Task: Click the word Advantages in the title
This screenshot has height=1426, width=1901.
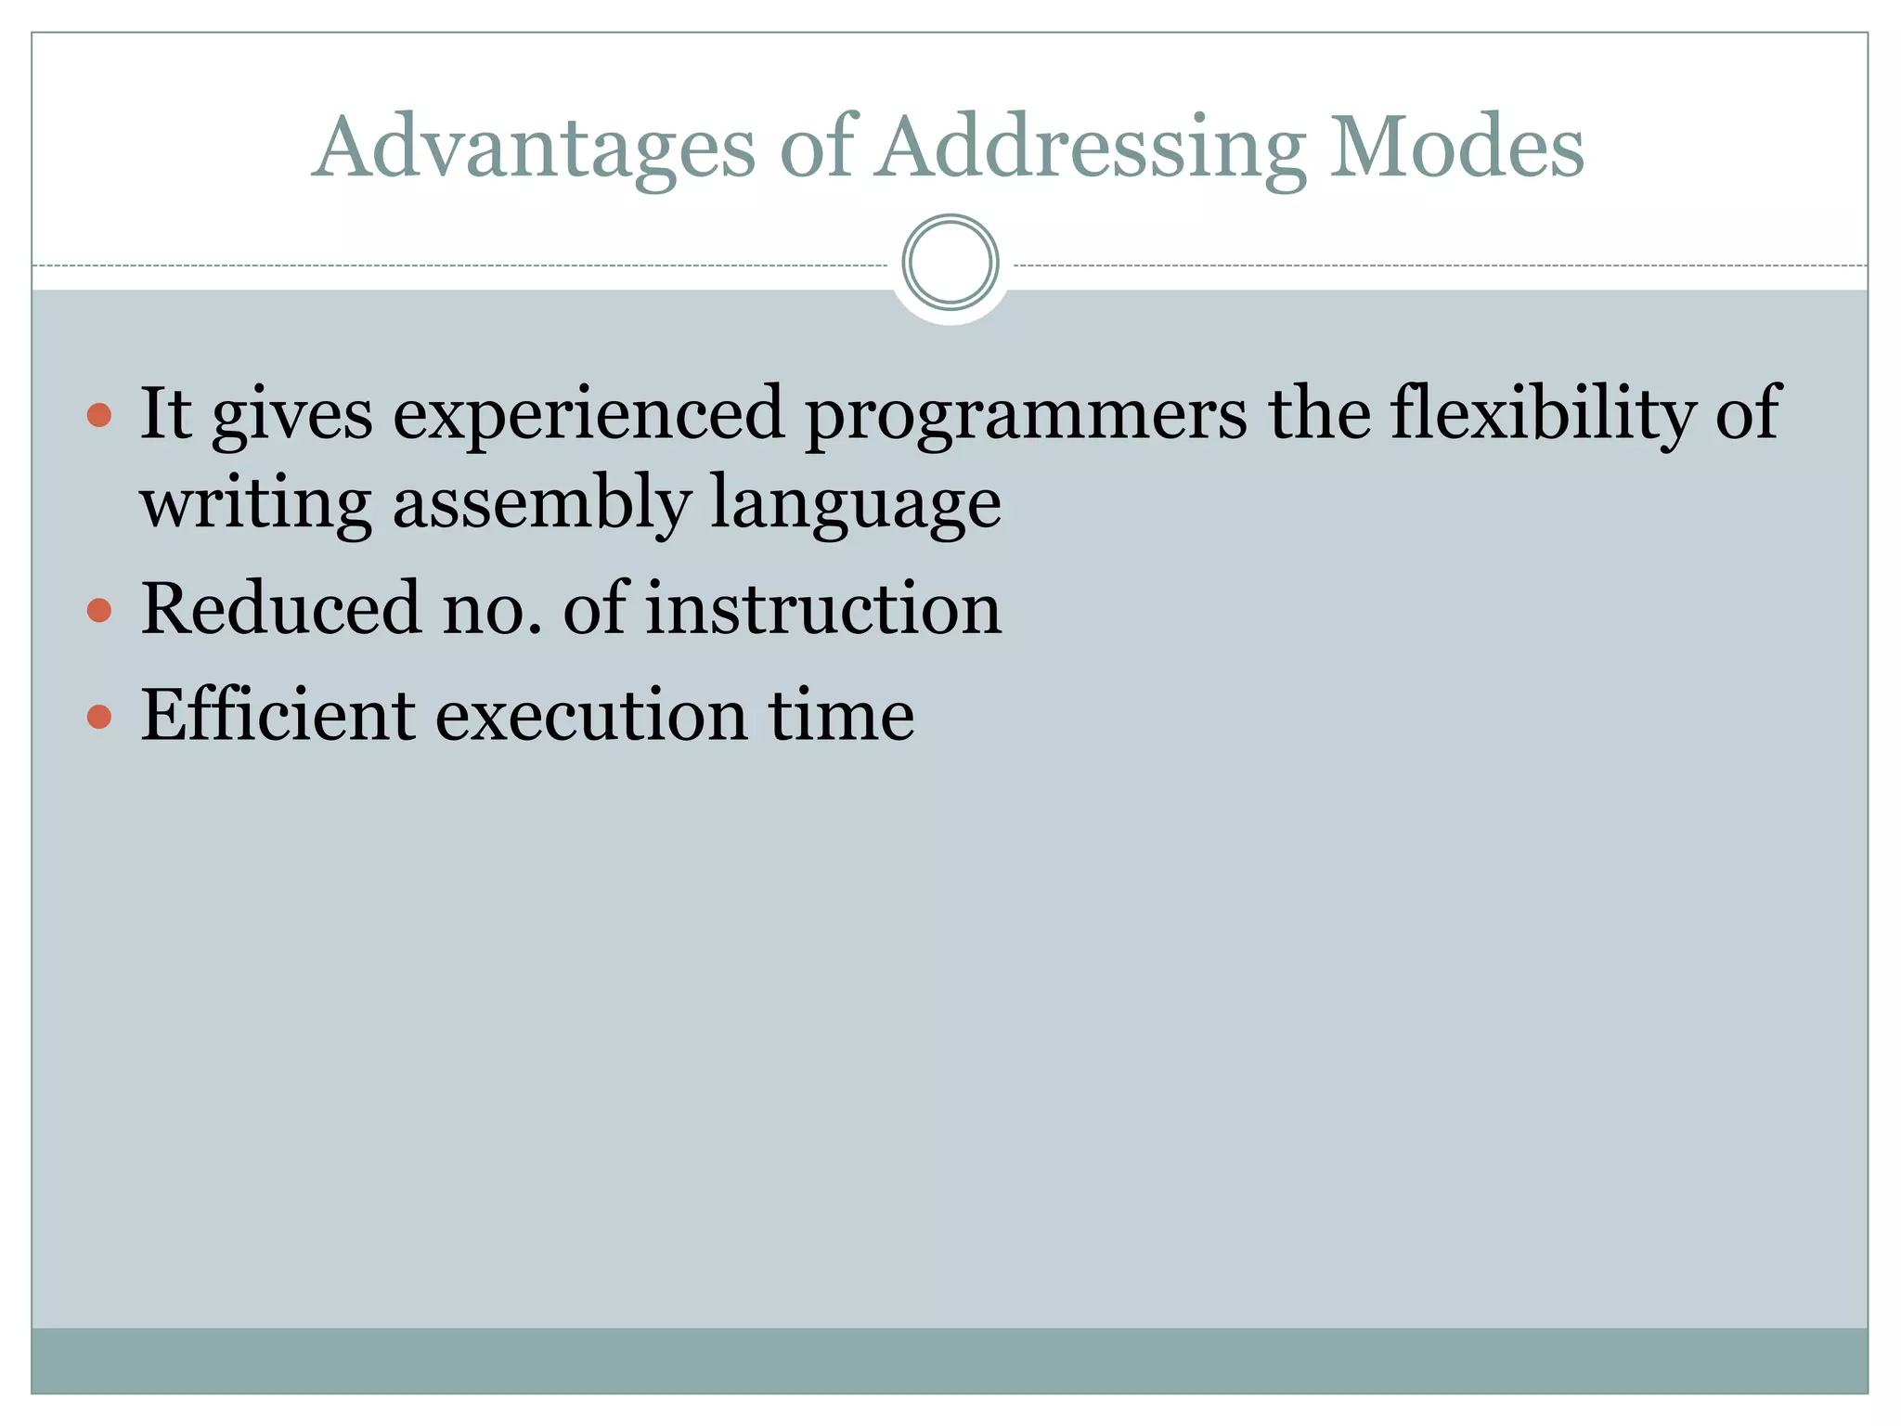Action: pyautogui.click(x=534, y=149)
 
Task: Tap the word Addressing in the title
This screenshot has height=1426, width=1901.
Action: pyautogui.click(x=1092, y=149)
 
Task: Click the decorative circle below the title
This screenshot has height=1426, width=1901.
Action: pyautogui.click(x=950, y=263)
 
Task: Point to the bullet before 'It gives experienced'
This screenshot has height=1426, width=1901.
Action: pyautogui.click(x=99, y=414)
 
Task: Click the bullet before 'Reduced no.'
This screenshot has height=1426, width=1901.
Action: pyautogui.click(x=99, y=610)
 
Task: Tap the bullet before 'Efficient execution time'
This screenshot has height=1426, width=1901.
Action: pyautogui.click(x=99, y=716)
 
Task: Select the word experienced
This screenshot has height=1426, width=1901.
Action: pyautogui.click(x=588, y=414)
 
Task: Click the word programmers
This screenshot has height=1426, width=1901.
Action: pyautogui.click(x=1026, y=414)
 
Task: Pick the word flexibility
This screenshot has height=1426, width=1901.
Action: pyautogui.click(x=1542, y=414)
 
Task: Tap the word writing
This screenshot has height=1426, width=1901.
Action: pyautogui.click(x=256, y=503)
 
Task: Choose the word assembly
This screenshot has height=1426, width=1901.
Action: pyautogui.click(x=541, y=503)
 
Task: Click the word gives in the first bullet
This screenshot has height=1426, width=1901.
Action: pyautogui.click(x=292, y=416)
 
